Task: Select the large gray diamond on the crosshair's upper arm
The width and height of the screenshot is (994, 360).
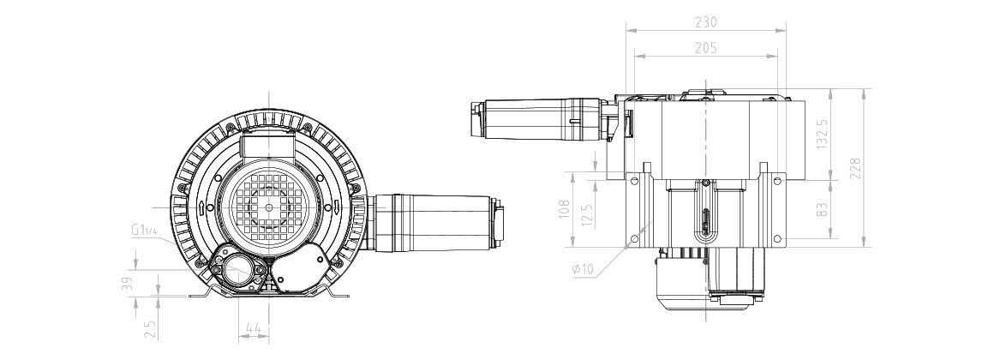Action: (x=270, y=147)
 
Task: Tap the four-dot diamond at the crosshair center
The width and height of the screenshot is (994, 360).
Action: (x=269, y=207)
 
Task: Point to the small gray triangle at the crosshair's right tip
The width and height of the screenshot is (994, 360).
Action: (x=385, y=205)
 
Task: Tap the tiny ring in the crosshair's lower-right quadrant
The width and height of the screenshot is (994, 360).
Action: (x=333, y=258)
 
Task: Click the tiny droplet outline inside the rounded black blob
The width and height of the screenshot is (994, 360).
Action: (x=251, y=290)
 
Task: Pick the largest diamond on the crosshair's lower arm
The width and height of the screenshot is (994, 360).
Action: (x=269, y=245)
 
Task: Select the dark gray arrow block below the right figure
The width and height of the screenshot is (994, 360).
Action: (x=705, y=330)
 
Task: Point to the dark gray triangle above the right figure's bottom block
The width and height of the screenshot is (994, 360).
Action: (x=700, y=280)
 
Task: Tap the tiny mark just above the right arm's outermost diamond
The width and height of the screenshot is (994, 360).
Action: (x=349, y=188)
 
